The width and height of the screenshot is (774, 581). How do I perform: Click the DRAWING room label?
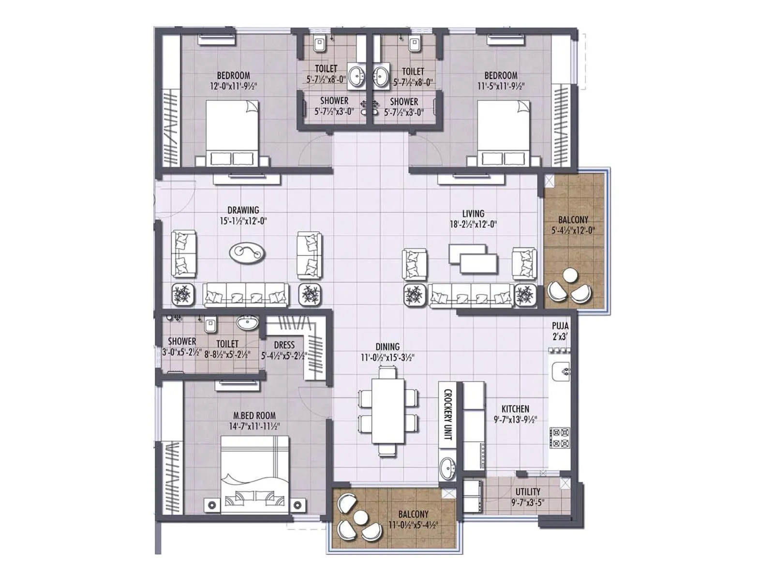pyautogui.click(x=243, y=210)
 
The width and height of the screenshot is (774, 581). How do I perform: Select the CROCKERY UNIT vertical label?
pyautogui.click(x=447, y=414)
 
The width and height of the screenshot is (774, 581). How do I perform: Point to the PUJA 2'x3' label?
pyautogui.click(x=560, y=331)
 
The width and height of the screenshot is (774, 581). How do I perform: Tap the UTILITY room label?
pyautogui.click(x=528, y=492)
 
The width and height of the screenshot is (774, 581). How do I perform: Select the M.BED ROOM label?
pyautogui.click(x=254, y=415)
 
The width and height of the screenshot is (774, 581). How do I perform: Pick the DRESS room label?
pyautogui.click(x=284, y=345)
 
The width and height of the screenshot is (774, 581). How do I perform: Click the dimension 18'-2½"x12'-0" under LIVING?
pyautogui.click(x=473, y=224)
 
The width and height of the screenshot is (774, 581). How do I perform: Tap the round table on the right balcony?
pyautogui.click(x=570, y=275)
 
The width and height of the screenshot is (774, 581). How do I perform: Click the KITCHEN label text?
pyautogui.click(x=515, y=409)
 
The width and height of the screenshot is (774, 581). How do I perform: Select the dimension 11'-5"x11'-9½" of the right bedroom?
pyautogui.click(x=501, y=86)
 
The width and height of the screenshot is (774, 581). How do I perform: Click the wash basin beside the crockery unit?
pyautogui.click(x=448, y=469)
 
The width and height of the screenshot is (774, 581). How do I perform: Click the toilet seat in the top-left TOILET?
pyautogui.click(x=319, y=45)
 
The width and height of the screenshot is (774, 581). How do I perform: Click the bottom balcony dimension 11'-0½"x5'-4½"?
pyautogui.click(x=413, y=524)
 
